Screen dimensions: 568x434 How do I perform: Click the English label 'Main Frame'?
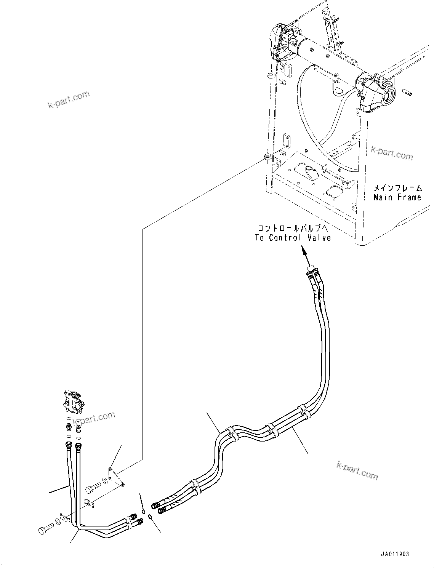tap(397, 197)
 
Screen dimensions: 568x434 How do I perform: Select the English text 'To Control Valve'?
tap(293, 238)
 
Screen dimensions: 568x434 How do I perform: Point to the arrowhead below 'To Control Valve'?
tap(304, 250)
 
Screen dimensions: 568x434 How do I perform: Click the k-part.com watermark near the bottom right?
tap(357, 470)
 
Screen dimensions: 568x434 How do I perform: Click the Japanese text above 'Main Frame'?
tap(397, 188)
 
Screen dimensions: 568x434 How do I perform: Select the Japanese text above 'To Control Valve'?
tap(293, 228)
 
